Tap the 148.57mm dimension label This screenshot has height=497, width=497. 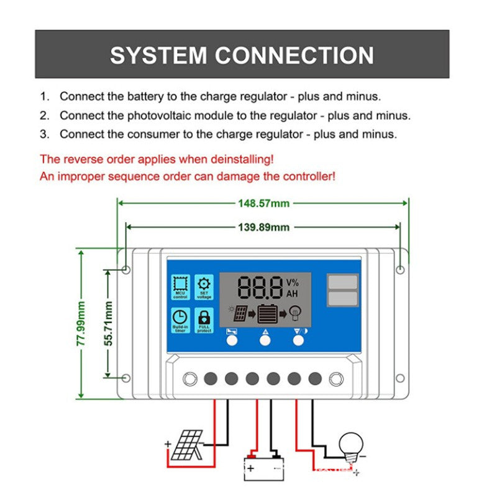pos(263,203)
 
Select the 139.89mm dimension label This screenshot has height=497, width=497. pos(263,227)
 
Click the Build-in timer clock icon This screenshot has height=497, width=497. pos(180,320)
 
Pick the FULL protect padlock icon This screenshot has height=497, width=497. pos(204,320)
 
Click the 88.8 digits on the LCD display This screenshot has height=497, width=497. pos(259,288)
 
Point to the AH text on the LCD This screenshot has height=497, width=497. pos(291,294)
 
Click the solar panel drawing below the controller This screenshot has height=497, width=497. pos(186,444)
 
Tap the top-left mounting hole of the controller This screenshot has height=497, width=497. pos(125,270)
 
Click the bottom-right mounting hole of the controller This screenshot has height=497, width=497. pos(401,378)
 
